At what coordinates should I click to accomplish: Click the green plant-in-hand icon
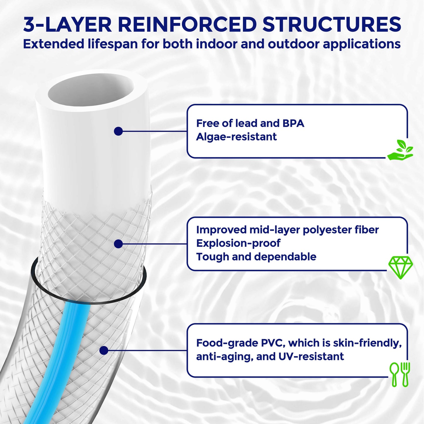[400, 150]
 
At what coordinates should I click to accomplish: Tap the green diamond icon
[401, 267]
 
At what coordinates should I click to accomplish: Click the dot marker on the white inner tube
[118, 131]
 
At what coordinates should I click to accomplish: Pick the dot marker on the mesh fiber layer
[118, 244]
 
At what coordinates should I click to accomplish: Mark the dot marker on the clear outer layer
[104, 350]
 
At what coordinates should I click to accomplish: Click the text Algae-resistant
[236, 137]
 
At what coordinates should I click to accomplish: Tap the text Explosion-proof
[238, 243]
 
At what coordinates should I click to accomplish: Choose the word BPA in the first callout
[293, 123]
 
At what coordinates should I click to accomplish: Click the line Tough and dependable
[256, 257]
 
